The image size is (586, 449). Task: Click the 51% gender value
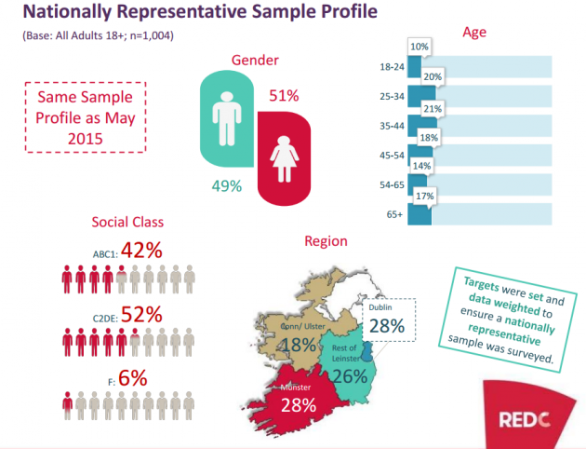pyautogui.click(x=285, y=96)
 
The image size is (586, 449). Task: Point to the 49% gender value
pyautogui.click(x=226, y=185)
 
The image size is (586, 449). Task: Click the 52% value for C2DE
pyautogui.click(x=142, y=314)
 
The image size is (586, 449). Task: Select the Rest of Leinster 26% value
pyautogui.click(x=349, y=375)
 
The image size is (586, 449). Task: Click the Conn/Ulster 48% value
pyautogui.click(x=298, y=345)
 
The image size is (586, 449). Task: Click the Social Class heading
pyautogui.click(x=127, y=222)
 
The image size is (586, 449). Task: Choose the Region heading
pyautogui.click(x=326, y=241)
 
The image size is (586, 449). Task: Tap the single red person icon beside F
pyautogui.click(x=67, y=402)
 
